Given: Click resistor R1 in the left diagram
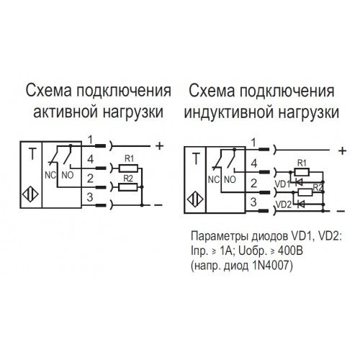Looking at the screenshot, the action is tap(128, 168).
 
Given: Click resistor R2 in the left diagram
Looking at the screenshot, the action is tap(128, 187).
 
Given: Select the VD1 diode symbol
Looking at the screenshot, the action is tap(299, 183).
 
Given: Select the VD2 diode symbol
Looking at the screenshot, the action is tap(301, 204).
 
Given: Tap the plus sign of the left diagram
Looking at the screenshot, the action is tap(160, 145).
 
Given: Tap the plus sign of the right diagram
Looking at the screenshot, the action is tap(342, 150).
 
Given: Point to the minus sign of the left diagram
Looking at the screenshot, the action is tap(158, 205).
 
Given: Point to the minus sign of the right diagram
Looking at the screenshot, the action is tap(341, 211).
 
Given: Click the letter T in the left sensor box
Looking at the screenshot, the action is tap(32, 154).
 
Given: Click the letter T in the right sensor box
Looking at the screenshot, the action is tap(196, 159).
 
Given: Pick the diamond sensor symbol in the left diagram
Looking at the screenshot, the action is tap(30, 194).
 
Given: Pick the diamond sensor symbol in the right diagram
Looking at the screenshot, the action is tap(194, 199).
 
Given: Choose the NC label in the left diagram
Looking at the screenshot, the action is tap(50, 176).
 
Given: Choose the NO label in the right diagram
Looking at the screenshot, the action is tap(230, 179).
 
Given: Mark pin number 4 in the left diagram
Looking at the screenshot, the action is tap(90, 159).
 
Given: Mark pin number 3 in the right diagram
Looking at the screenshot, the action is tap(253, 202).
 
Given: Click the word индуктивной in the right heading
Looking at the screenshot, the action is tap(229, 112).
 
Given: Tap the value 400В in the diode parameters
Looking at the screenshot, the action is tap(290, 251).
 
